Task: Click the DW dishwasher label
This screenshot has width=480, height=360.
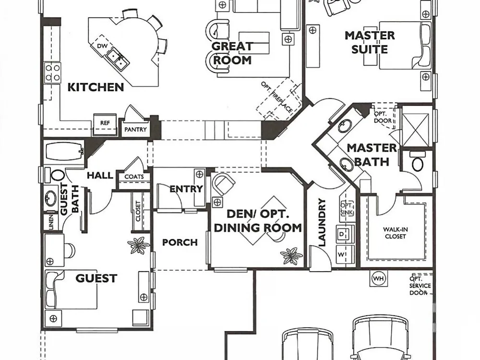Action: coord(102,46)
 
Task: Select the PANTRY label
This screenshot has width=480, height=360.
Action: coord(135,130)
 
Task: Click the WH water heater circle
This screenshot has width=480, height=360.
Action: coord(379,278)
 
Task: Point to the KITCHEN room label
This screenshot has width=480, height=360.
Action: coord(96,87)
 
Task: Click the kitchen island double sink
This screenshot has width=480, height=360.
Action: coord(118,59)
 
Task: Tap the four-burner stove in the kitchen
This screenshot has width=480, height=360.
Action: coord(52,73)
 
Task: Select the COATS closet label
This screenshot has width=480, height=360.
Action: coord(134,177)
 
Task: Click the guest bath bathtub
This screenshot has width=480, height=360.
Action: coord(64,151)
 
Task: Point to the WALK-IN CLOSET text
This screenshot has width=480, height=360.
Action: coord(396,233)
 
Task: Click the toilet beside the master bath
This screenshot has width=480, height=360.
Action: coord(418,164)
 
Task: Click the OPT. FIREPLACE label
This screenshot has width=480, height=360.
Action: coord(277,97)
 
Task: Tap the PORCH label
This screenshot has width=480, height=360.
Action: coord(180,242)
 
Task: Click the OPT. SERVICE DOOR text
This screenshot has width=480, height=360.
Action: coord(420,286)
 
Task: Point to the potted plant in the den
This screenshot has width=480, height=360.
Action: coord(291,256)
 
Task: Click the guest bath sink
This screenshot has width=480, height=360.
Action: coord(50,198)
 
